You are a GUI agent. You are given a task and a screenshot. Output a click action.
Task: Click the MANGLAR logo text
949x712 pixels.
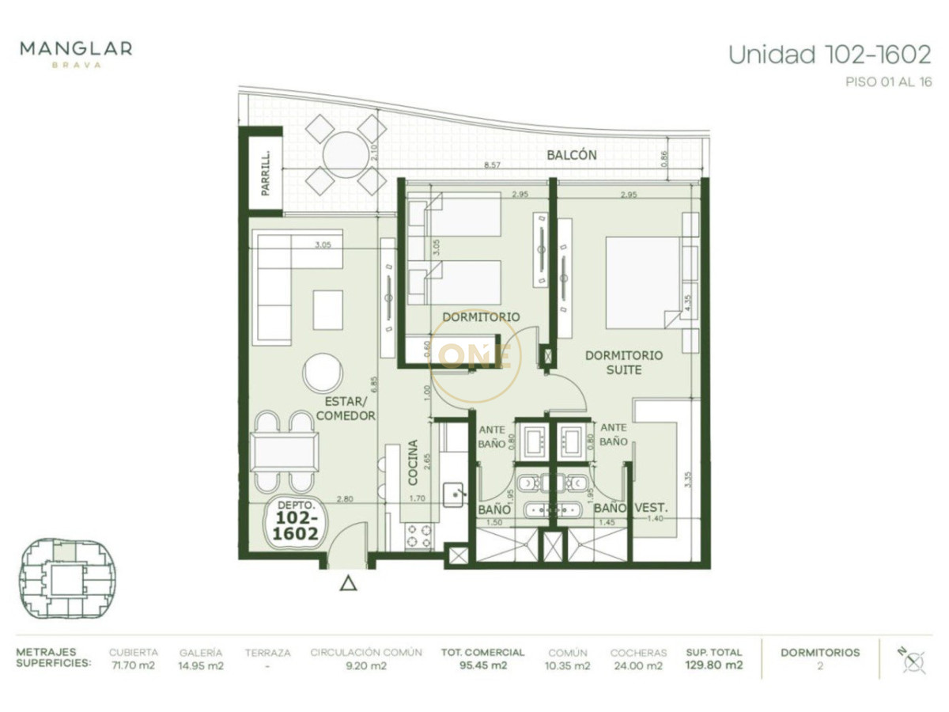pyautogui.click(x=76, y=49)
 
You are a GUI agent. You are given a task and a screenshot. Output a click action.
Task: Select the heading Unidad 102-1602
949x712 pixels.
pyautogui.click(x=829, y=55)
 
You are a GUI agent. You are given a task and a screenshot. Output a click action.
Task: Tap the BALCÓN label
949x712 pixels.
pyautogui.click(x=571, y=155)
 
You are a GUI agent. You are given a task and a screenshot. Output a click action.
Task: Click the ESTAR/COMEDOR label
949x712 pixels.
pyautogui.click(x=344, y=408)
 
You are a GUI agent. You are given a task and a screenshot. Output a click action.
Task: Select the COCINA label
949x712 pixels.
pyautogui.click(x=413, y=462)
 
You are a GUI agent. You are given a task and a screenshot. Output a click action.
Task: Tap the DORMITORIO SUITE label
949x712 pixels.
pyautogui.click(x=624, y=362)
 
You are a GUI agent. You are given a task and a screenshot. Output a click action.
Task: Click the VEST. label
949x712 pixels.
pyautogui.click(x=653, y=509)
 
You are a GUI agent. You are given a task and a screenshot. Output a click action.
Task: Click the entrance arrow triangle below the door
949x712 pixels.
pyautogui.click(x=348, y=584)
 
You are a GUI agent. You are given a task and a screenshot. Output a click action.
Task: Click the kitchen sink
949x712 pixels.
pyautogui.click(x=453, y=494)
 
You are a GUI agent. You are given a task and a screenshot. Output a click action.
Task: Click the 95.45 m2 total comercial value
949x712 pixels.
pyautogui.click(x=482, y=665)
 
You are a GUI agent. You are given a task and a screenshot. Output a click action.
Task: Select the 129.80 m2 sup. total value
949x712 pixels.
pyautogui.click(x=714, y=665)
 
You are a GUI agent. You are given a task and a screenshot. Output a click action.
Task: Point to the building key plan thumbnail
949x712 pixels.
pyautogui.click(x=67, y=577)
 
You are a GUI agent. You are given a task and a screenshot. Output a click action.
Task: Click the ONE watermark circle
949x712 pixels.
pyautogui.click(x=476, y=357)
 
